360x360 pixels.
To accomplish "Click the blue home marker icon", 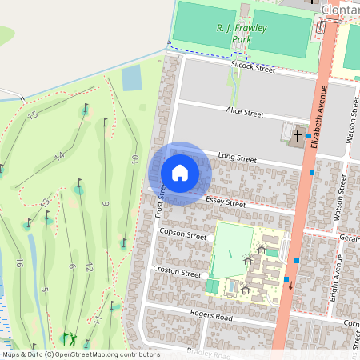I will tap(180, 172).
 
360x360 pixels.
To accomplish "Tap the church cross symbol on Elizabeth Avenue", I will tap(298, 134).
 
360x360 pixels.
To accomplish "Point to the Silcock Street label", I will tap(253, 69).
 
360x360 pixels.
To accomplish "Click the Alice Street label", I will tap(245, 113).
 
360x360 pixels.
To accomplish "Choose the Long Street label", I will tap(237, 158).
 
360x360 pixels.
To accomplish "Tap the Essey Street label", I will tap(226, 203).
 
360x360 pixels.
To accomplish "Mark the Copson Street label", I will tap(183, 236).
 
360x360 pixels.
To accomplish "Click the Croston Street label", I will tap(177, 272).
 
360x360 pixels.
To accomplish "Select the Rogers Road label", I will tap(211, 317).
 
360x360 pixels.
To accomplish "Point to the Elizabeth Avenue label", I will tap(322, 114).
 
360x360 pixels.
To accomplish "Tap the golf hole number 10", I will tap(135, 159).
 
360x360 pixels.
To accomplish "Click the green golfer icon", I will tap(67, 338).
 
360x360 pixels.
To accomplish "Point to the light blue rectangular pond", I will tap(131, 78).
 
